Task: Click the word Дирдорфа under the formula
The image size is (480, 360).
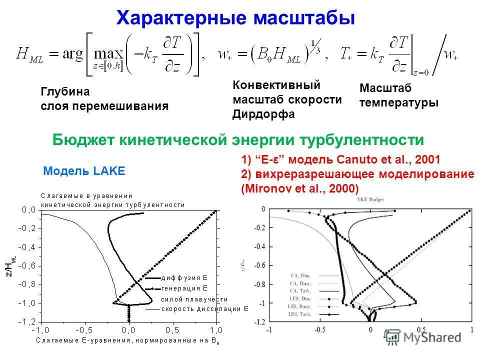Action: (x=263, y=114)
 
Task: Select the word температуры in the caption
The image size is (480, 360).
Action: (x=399, y=103)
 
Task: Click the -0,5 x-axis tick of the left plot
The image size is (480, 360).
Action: (x=84, y=330)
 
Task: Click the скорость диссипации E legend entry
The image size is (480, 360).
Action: (x=204, y=308)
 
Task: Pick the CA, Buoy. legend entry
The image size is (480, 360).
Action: (x=300, y=283)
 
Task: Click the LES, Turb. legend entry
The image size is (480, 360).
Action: (x=300, y=314)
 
